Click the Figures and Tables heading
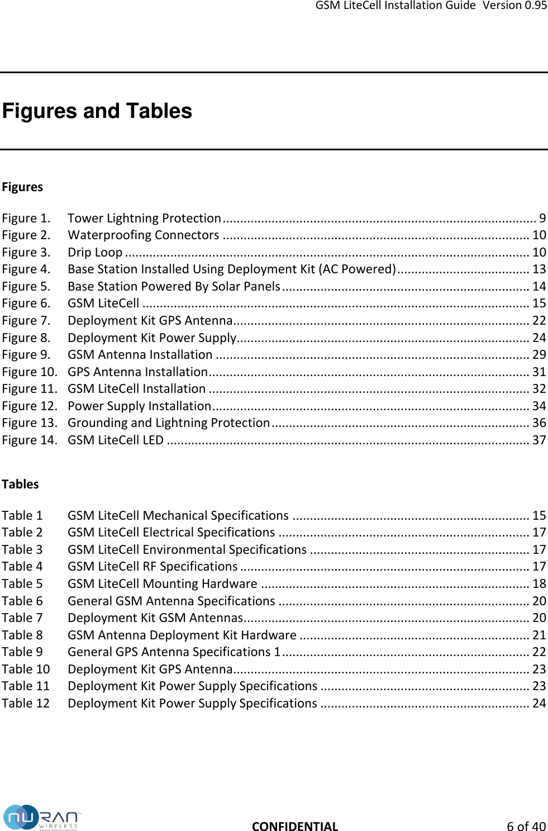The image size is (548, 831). (x=97, y=111)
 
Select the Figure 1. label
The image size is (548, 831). (x=26, y=218)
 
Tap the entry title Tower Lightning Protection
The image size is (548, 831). (x=144, y=218)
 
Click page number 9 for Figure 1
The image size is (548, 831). (x=542, y=218)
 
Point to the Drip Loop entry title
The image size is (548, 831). (x=95, y=252)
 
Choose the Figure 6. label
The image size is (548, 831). (x=26, y=303)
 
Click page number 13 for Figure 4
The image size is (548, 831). (x=539, y=269)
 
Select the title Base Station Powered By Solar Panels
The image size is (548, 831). (x=174, y=286)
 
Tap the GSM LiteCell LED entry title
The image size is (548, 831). (x=116, y=440)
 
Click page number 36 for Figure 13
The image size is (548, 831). (x=539, y=423)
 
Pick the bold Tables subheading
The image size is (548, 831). (x=20, y=484)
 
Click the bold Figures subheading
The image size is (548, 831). (x=22, y=187)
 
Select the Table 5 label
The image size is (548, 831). (x=22, y=583)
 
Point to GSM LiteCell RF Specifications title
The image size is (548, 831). (x=153, y=567)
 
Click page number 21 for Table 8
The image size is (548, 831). (x=539, y=635)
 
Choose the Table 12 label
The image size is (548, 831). (x=26, y=703)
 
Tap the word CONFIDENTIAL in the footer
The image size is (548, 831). (x=295, y=827)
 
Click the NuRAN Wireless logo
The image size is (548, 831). (x=42, y=818)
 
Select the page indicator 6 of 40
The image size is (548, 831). (x=526, y=827)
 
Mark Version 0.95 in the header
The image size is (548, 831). (x=514, y=6)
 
